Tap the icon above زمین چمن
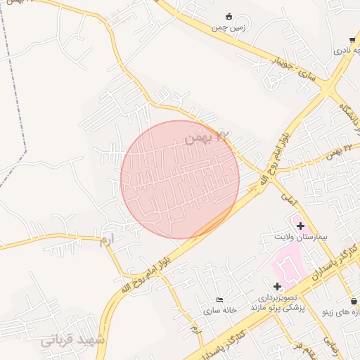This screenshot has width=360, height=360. tap(229, 16)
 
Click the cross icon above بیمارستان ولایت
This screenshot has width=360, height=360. tap(301, 226)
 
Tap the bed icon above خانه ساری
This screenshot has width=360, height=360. tap(220, 300)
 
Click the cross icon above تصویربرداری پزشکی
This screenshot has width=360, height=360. tap(277, 286)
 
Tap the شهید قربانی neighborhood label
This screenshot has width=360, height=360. tap(72, 340)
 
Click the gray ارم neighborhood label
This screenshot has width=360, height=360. tap(105, 240)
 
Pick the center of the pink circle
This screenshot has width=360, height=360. tap(180, 179)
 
